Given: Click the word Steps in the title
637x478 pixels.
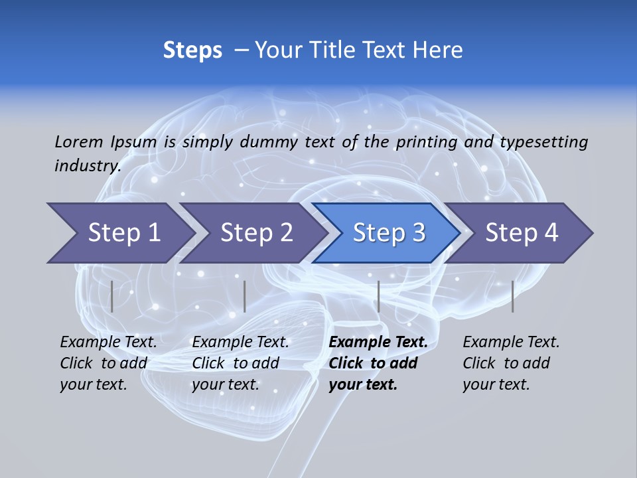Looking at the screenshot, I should click(192, 50).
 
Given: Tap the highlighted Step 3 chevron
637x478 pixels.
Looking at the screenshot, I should click(389, 233).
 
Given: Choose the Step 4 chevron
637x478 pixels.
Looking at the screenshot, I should click(522, 233).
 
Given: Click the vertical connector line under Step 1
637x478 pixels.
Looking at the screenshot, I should click(111, 296).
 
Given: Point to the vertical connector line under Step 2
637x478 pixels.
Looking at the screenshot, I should click(245, 296).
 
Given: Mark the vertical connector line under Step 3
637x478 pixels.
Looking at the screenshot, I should click(378, 296).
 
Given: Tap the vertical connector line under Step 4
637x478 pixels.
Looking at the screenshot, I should click(512, 296).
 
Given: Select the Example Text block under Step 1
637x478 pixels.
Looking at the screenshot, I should click(109, 363).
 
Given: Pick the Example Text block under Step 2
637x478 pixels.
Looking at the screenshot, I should click(241, 363).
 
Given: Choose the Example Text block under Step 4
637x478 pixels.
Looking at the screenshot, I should click(511, 363).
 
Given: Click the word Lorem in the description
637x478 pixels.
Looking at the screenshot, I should click(79, 142).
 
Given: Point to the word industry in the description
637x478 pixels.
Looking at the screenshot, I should click(88, 165).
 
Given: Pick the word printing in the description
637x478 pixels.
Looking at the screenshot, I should click(426, 142).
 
